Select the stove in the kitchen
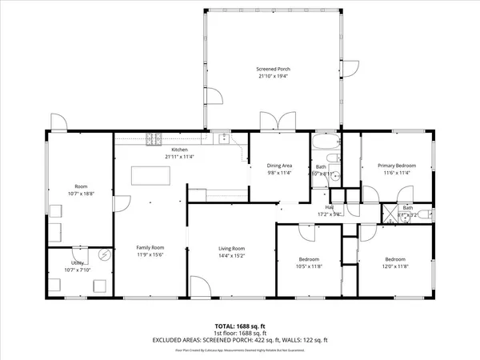coord(154,141)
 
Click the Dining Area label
coord(279,165)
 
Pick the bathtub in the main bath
coord(326,145)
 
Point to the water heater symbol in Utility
coord(106,255)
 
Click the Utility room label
coord(78,262)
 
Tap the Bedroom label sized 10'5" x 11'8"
coord(310,259)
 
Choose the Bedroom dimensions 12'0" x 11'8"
coord(394,266)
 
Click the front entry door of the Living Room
coord(200,286)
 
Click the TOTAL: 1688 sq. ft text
coord(239,326)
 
